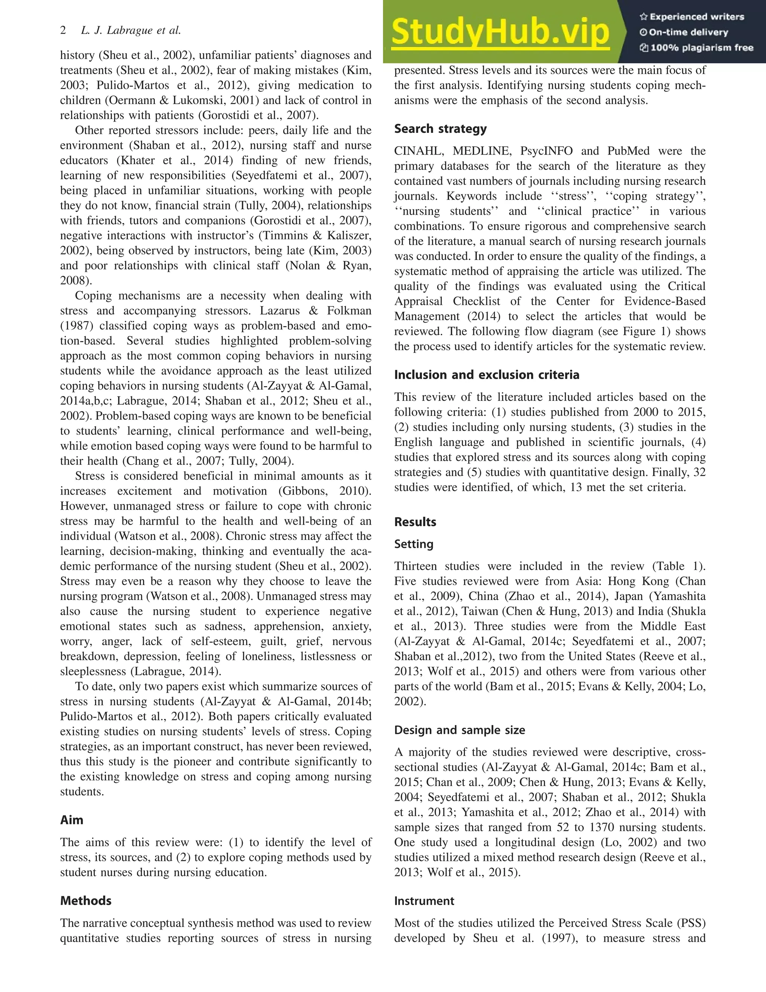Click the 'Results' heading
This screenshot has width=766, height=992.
415,522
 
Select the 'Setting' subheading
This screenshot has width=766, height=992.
414,544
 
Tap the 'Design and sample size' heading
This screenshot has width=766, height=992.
460,730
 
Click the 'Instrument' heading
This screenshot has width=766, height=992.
424,901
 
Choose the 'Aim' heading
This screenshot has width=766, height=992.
72,820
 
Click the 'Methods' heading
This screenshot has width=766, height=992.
86,901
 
